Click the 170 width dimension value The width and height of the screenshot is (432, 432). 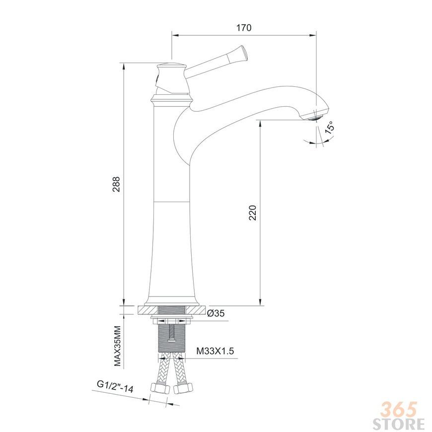point(244,28)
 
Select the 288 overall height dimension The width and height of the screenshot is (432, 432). point(116,184)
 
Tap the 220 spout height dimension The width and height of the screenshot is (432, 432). point(252,213)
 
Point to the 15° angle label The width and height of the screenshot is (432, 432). point(330,127)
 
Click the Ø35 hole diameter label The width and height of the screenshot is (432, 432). point(216,313)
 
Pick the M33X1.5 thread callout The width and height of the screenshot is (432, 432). point(215,351)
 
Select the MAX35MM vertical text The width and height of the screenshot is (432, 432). point(118,346)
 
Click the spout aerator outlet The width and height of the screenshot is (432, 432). point(316,115)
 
